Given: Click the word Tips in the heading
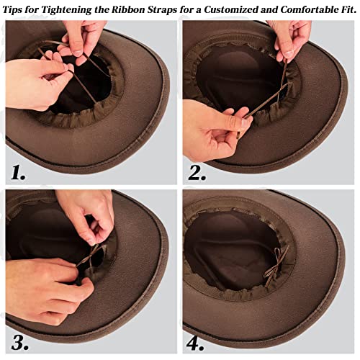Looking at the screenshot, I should click(x=16, y=9).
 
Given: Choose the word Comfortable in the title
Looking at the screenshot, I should click(x=309, y=9).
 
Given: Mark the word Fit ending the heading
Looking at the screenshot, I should click(x=348, y=9).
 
